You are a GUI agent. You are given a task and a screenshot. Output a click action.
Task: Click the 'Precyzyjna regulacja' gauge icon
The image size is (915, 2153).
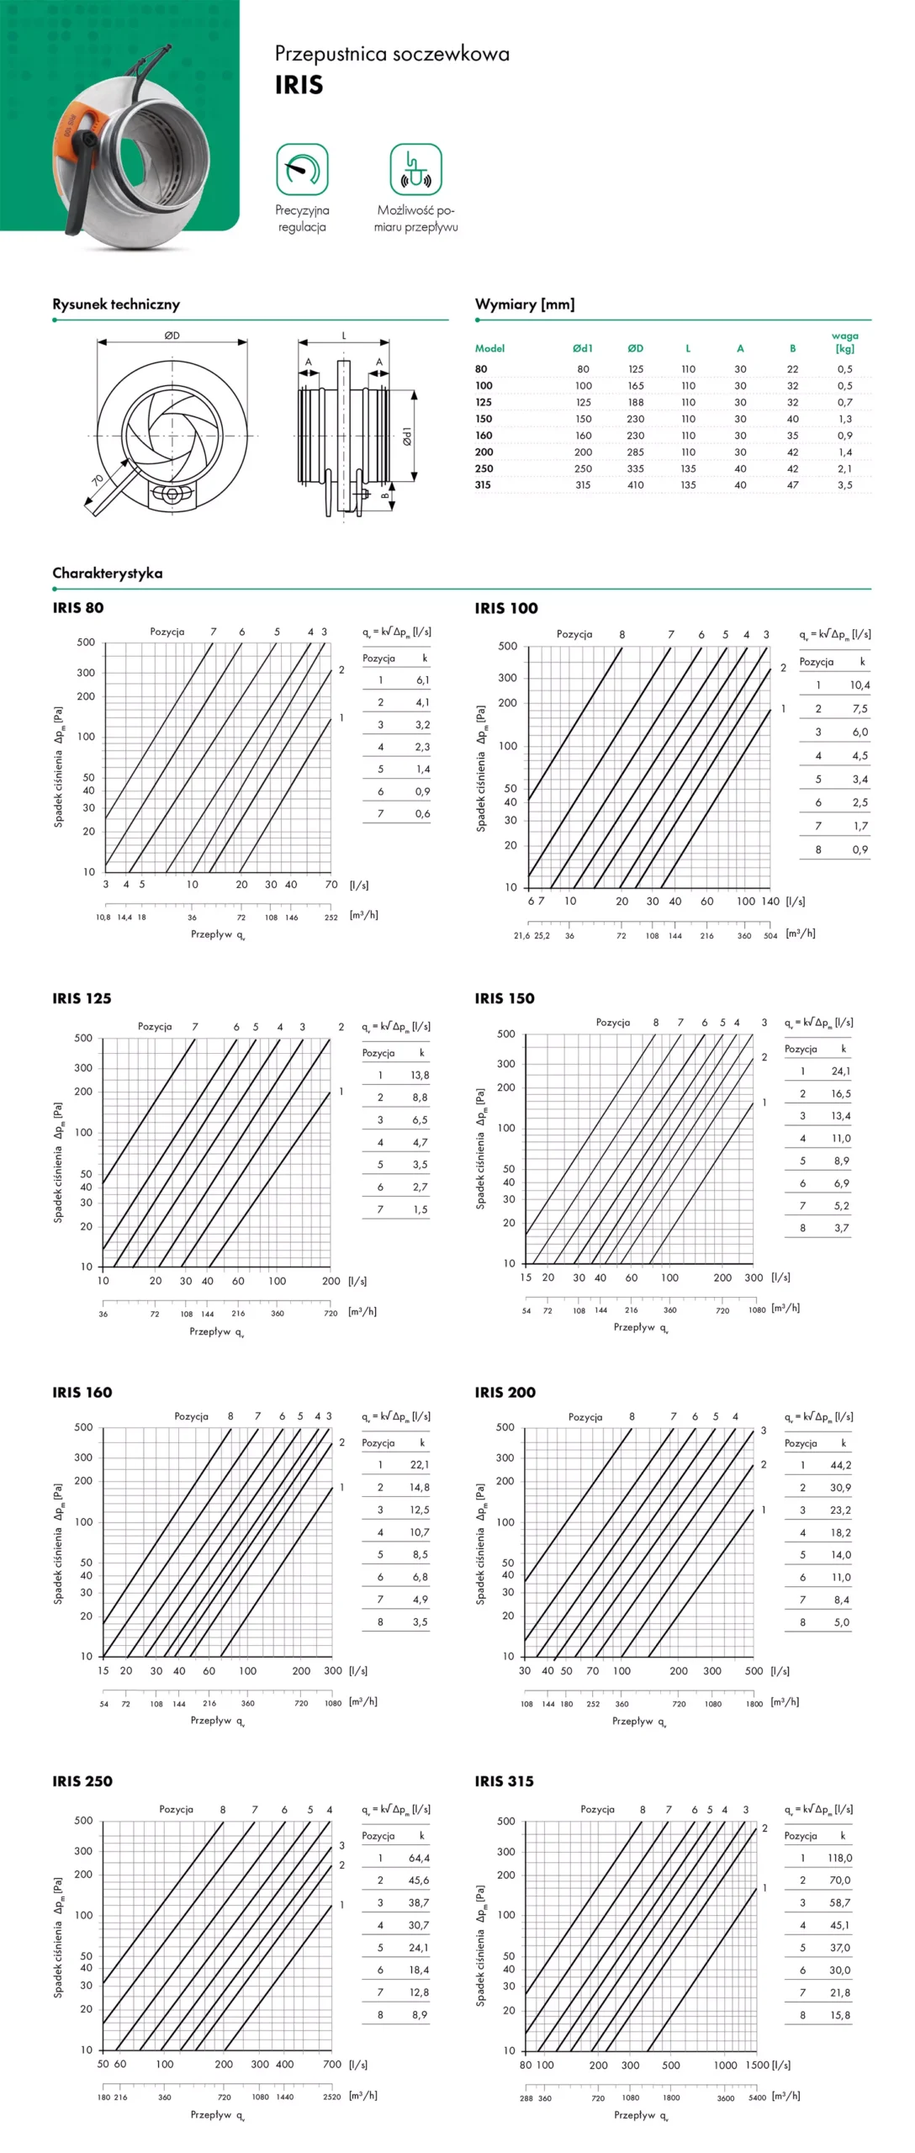point(302,169)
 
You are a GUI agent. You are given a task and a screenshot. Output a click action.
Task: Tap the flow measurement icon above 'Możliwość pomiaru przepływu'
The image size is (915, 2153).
point(415,169)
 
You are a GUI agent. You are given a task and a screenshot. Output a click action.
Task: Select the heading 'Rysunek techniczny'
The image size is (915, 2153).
point(116,304)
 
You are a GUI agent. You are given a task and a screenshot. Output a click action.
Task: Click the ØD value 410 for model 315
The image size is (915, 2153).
point(636,485)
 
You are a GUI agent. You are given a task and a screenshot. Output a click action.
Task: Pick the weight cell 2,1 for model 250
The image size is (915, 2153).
point(844,469)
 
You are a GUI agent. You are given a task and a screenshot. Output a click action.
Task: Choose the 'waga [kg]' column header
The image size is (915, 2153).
point(844,342)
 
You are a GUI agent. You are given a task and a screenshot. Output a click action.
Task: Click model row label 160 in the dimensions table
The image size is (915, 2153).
point(484,436)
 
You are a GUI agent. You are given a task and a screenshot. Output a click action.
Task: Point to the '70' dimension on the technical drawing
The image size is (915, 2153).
point(98,480)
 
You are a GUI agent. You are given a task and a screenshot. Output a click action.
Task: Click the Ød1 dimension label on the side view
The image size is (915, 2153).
point(407,436)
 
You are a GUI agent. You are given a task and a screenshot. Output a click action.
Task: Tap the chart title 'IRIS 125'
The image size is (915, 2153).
point(82,999)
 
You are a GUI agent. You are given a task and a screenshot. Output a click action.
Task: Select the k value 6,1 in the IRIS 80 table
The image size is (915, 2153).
point(422,680)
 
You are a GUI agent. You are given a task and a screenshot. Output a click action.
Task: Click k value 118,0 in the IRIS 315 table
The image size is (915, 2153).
point(839,1858)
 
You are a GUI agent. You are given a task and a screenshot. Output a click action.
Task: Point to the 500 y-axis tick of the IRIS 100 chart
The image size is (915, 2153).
point(507,647)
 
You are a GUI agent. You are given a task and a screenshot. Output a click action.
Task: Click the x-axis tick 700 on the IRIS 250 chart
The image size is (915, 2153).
point(332,2064)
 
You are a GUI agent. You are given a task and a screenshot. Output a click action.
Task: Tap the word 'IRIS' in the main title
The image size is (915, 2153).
point(299,85)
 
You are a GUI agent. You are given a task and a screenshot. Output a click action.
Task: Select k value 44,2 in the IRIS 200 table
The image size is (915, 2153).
point(840,1465)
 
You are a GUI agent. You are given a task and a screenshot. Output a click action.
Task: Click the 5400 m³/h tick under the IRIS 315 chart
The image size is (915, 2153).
point(757,2097)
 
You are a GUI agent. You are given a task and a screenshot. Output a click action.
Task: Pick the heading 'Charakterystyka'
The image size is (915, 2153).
point(108,574)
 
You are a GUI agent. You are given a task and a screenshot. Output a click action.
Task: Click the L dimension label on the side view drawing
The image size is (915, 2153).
point(343,336)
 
